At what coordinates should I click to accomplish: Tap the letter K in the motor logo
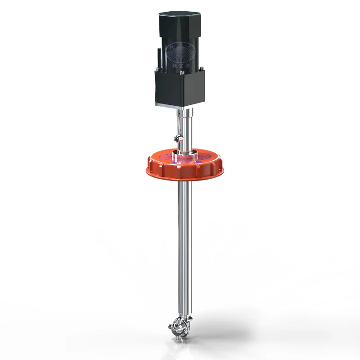[x=171, y=47]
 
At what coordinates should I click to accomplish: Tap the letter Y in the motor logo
[x=188, y=47]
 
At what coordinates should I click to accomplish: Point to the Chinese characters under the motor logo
[x=180, y=66]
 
